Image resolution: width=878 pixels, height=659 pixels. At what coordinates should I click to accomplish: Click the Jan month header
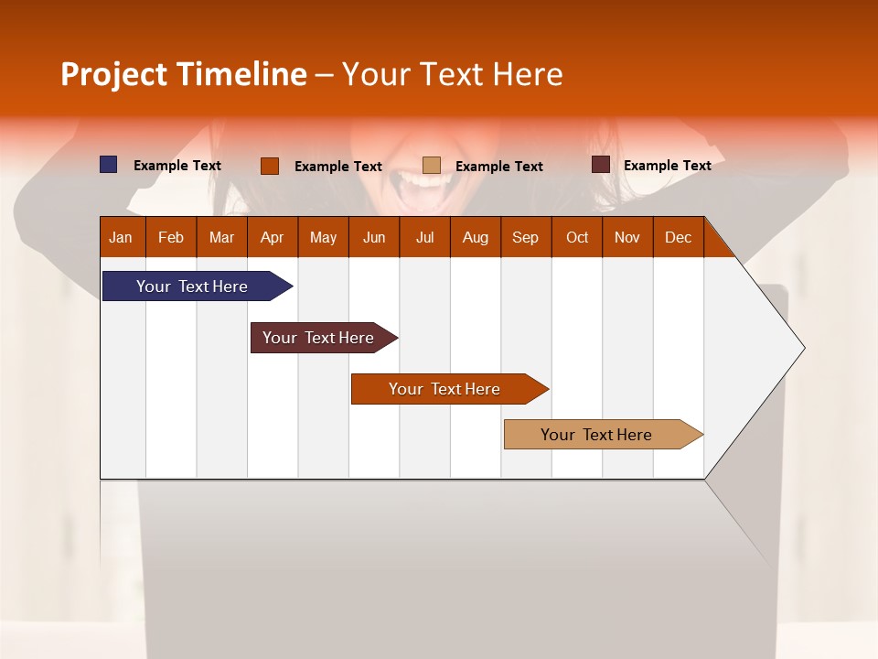pyautogui.click(x=121, y=237)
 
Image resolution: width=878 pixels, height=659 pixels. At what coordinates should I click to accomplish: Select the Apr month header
pyautogui.click(x=272, y=237)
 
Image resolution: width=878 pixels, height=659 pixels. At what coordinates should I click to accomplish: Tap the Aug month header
pyautogui.click(x=475, y=237)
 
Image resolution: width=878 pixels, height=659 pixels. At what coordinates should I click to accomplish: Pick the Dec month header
pyautogui.click(x=678, y=237)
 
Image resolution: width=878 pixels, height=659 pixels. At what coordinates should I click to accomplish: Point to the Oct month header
pyautogui.click(x=576, y=237)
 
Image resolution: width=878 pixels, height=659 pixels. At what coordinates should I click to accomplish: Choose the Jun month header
pyautogui.click(x=373, y=237)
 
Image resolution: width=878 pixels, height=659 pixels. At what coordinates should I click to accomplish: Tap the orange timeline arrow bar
pyautogui.click(x=445, y=389)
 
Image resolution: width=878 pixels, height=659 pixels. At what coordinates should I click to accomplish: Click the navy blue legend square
pyautogui.click(x=109, y=165)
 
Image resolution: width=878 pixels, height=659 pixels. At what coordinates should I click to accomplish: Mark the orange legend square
pyautogui.click(x=270, y=166)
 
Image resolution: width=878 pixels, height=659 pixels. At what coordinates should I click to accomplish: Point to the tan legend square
pyautogui.click(x=432, y=166)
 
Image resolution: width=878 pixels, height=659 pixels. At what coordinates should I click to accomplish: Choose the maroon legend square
pyautogui.click(x=600, y=165)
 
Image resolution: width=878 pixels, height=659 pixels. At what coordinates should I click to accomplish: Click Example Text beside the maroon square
pyautogui.click(x=667, y=166)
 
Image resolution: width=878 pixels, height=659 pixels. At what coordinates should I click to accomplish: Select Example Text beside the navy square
pyautogui.click(x=177, y=166)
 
